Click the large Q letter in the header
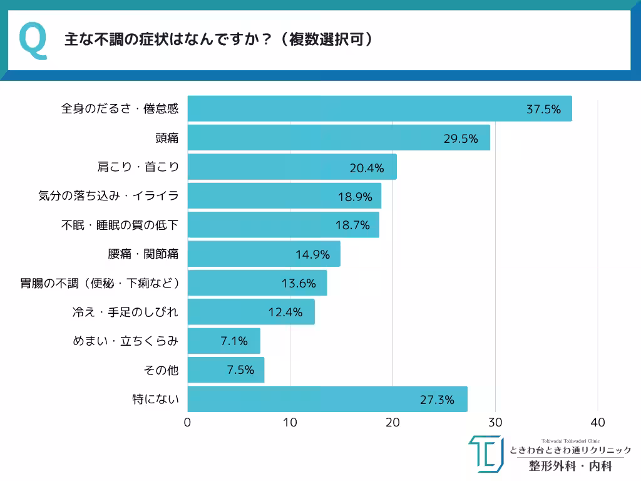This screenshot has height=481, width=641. (x=33, y=41)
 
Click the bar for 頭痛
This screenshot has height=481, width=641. (x=338, y=138)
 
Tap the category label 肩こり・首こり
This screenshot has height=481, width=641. (x=138, y=167)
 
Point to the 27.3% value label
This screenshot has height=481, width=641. (x=437, y=400)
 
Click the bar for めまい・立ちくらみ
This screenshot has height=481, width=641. (x=223, y=341)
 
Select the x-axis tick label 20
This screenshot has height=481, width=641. (x=392, y=422)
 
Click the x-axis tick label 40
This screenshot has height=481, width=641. (x=598, y=422)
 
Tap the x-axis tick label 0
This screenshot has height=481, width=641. (x=188, y=422)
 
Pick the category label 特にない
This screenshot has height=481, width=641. (x=155, y=399)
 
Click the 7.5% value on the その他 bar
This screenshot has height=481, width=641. (x=240, y=370)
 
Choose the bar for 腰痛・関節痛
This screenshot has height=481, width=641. (x=264, y=254)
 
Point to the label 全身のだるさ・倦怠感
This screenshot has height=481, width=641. (x=120, y=109)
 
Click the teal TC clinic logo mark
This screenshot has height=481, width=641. (x=485, y=453)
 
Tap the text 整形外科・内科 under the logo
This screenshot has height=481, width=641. (x=570, y=466)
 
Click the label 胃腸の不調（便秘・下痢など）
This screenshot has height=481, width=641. (x=100, y=283)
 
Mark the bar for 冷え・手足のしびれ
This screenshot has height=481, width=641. (x=251, y=312)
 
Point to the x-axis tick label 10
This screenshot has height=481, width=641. (x=290, y=422)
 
